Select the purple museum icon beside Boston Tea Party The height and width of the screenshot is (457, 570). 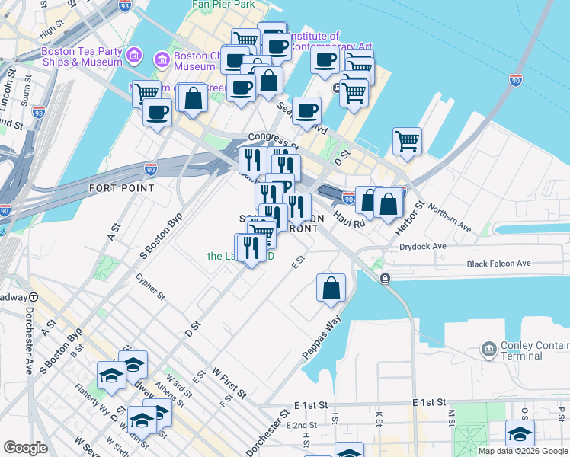(x=135, y=55)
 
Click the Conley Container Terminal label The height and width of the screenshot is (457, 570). (x=531, y=350)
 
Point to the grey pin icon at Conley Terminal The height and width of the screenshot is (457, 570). (x=488, y=350)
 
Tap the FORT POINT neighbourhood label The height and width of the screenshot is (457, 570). (x=117, y=187)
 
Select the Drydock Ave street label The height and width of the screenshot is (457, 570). (x=423, y=247)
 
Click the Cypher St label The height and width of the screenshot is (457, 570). (x=152, y=287)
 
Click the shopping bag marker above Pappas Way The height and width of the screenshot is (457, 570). (x=331, y=288)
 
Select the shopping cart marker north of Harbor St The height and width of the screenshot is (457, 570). (x=408, y=140)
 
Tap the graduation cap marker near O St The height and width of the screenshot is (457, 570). (x=520, y=434)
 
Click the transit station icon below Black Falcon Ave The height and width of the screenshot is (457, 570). (x=386, y=279)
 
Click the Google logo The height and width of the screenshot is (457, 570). (x=25, y=448)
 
